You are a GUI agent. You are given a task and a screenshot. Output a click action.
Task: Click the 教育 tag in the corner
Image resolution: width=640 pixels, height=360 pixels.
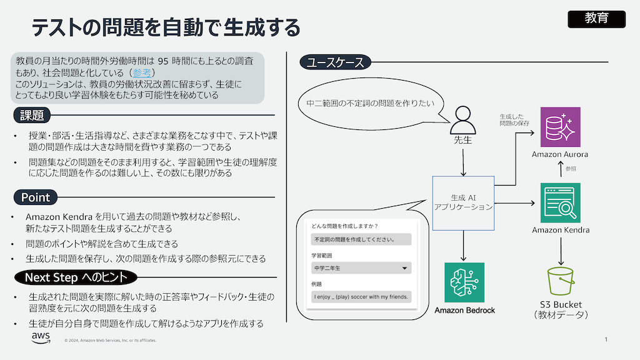[596, 19]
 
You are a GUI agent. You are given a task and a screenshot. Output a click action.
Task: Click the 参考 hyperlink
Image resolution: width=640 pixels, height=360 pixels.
[141, 72]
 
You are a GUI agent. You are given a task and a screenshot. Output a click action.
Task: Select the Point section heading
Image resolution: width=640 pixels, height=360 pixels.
[36, 197]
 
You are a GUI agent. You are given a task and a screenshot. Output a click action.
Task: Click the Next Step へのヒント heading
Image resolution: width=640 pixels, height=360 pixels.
[76, 277]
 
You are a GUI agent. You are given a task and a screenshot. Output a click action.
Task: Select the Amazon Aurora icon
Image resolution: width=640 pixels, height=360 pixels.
[560, 127]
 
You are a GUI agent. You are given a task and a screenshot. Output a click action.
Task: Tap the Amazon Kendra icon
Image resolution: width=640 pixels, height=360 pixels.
[560, 202]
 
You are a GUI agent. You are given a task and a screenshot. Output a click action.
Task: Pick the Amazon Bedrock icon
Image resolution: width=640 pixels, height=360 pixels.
[464, 282]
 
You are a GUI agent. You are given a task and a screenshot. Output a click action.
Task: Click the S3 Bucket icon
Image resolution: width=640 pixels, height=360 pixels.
[560, 281]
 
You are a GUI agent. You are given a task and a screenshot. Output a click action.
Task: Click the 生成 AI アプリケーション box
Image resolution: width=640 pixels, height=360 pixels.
[463, 202]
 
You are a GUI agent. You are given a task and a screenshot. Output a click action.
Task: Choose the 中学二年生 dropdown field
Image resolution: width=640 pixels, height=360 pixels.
[361, 268]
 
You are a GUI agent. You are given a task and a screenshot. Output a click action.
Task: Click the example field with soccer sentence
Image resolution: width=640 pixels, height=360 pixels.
[361, 296]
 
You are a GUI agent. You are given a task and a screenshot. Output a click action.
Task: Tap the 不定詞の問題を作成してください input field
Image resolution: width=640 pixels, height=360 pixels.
[361, 239]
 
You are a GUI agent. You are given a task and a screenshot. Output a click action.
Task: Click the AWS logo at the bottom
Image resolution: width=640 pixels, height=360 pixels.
[41, 338]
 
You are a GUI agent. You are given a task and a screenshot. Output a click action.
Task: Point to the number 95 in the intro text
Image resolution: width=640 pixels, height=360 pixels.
[163, 61]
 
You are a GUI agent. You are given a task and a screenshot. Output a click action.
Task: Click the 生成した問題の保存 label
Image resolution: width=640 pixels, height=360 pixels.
[514, 120]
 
